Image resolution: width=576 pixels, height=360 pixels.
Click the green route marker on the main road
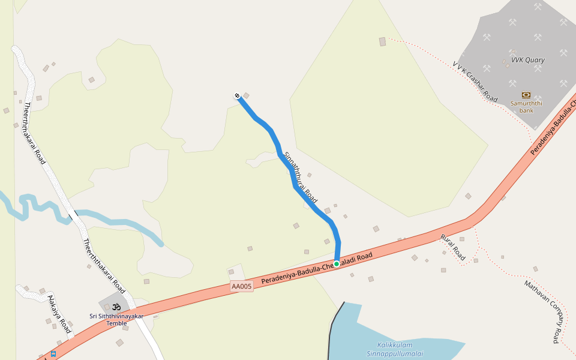click(x=337, y=263)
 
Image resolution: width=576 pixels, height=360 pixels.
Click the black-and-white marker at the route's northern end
click(x=238, y=96)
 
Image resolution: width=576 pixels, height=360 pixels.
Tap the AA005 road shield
click(x=242, y=287)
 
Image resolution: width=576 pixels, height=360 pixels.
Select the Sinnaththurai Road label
click(x=300, y=177)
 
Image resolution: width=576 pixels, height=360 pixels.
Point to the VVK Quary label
click(x=527, y=60)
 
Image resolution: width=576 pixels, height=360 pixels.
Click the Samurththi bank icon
click(x=526, y=94)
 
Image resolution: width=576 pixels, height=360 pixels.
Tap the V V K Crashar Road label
click(x=475, y=81)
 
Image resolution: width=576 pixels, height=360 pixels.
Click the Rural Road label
click(x=453, y=247)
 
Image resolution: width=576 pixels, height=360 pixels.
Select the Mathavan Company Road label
click(x=542, y=311)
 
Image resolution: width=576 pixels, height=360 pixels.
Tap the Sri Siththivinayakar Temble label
click(x=116, y=319)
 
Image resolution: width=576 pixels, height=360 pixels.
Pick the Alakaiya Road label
click(x=59, y=314)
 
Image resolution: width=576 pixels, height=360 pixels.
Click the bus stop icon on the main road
click(x=53, y=354)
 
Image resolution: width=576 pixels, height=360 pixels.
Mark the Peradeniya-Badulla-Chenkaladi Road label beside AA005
click(x=317, y=268)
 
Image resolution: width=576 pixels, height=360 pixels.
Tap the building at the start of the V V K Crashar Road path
click(x=382, y=41)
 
